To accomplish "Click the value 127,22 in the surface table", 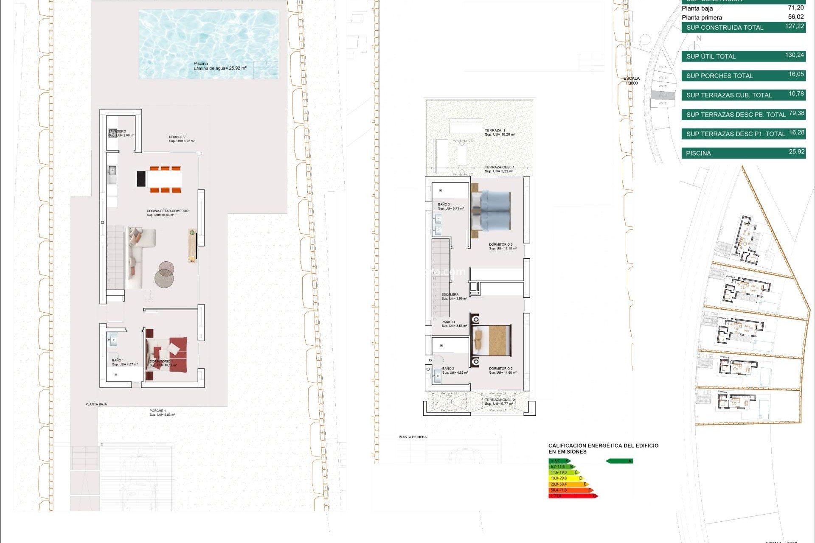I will click(x=794, y=26).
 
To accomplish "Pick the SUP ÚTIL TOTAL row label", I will click(x=711, y=56).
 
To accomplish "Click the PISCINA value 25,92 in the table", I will click(x=796, y=152).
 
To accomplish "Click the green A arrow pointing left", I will click(x=619, y=461).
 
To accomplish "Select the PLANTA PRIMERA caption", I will click(x=412, y=437).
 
